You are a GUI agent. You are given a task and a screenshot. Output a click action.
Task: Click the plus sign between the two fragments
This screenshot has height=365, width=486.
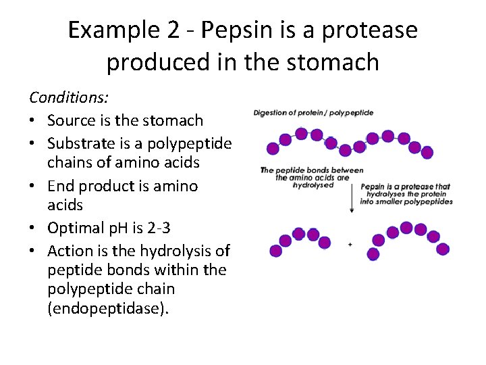[x=350, y=245]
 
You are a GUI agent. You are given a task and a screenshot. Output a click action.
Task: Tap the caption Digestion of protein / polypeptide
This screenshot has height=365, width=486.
[x=313, y=112]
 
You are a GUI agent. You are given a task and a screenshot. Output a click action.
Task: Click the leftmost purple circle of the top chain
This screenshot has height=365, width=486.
[x=273, y=149]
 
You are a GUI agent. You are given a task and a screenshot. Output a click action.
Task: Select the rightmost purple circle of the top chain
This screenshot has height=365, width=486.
[x=427, y=152]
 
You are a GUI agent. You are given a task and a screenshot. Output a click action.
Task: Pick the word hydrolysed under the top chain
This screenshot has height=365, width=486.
[x=313, y=185]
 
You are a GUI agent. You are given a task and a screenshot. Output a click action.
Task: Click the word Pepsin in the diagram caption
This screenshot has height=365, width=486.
[x=374, y=187]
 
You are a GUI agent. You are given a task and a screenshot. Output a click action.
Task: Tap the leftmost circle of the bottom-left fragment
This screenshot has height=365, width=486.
[x=275, y=251]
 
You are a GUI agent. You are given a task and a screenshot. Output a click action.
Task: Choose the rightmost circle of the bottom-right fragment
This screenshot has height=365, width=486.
[x=443, y=249]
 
